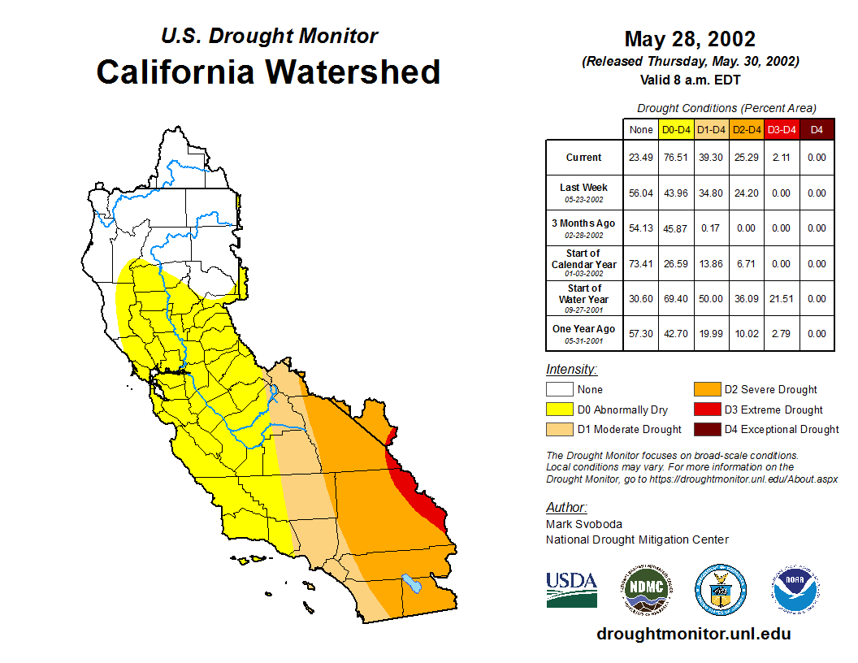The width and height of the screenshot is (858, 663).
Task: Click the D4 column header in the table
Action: tap(817, 129)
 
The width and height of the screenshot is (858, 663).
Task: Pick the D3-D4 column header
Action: tap(782, 129)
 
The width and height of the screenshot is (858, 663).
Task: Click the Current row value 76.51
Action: tap(676, 158)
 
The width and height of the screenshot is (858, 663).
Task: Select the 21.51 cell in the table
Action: tap(782, 299)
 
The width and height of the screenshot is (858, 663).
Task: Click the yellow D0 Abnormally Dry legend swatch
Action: tap(560, 409)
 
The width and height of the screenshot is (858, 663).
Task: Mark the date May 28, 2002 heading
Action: tap(690, 39)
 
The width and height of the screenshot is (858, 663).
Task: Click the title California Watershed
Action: tap(268, 72)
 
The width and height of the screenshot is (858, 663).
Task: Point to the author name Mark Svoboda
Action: tap(584, 524)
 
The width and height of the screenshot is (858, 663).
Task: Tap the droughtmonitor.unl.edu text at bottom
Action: tap(693, 634)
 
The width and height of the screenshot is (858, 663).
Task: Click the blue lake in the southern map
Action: tap(413, 584)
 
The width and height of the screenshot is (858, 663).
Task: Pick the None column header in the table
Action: tap(641, 129)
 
